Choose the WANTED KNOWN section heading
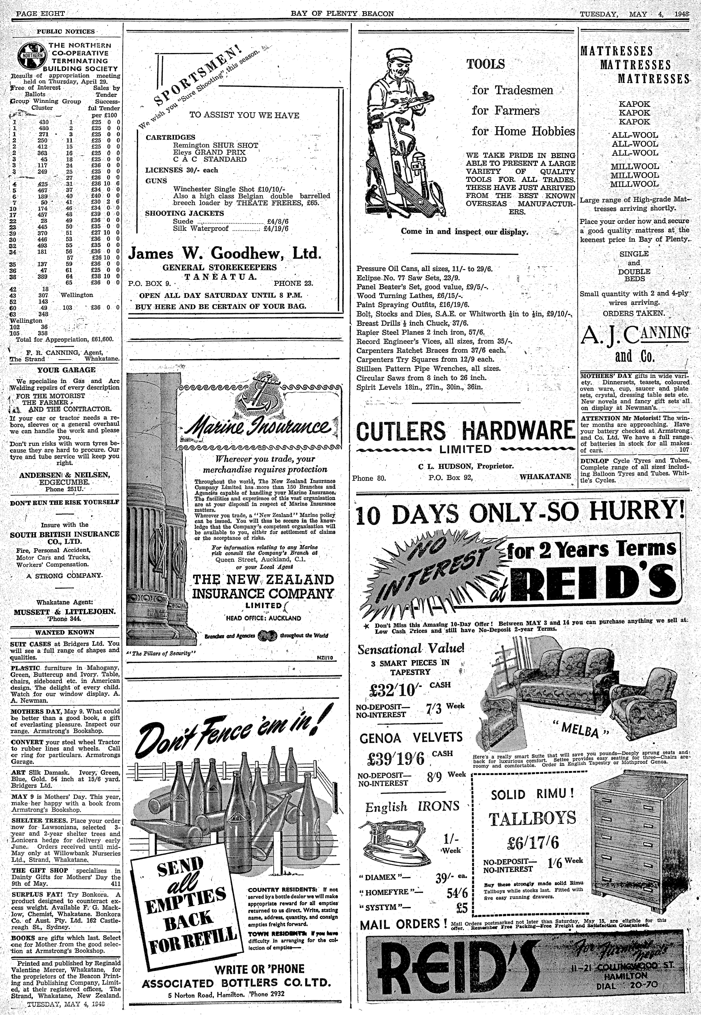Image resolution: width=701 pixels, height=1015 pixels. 65,632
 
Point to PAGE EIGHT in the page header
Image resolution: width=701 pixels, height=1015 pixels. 40,14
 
